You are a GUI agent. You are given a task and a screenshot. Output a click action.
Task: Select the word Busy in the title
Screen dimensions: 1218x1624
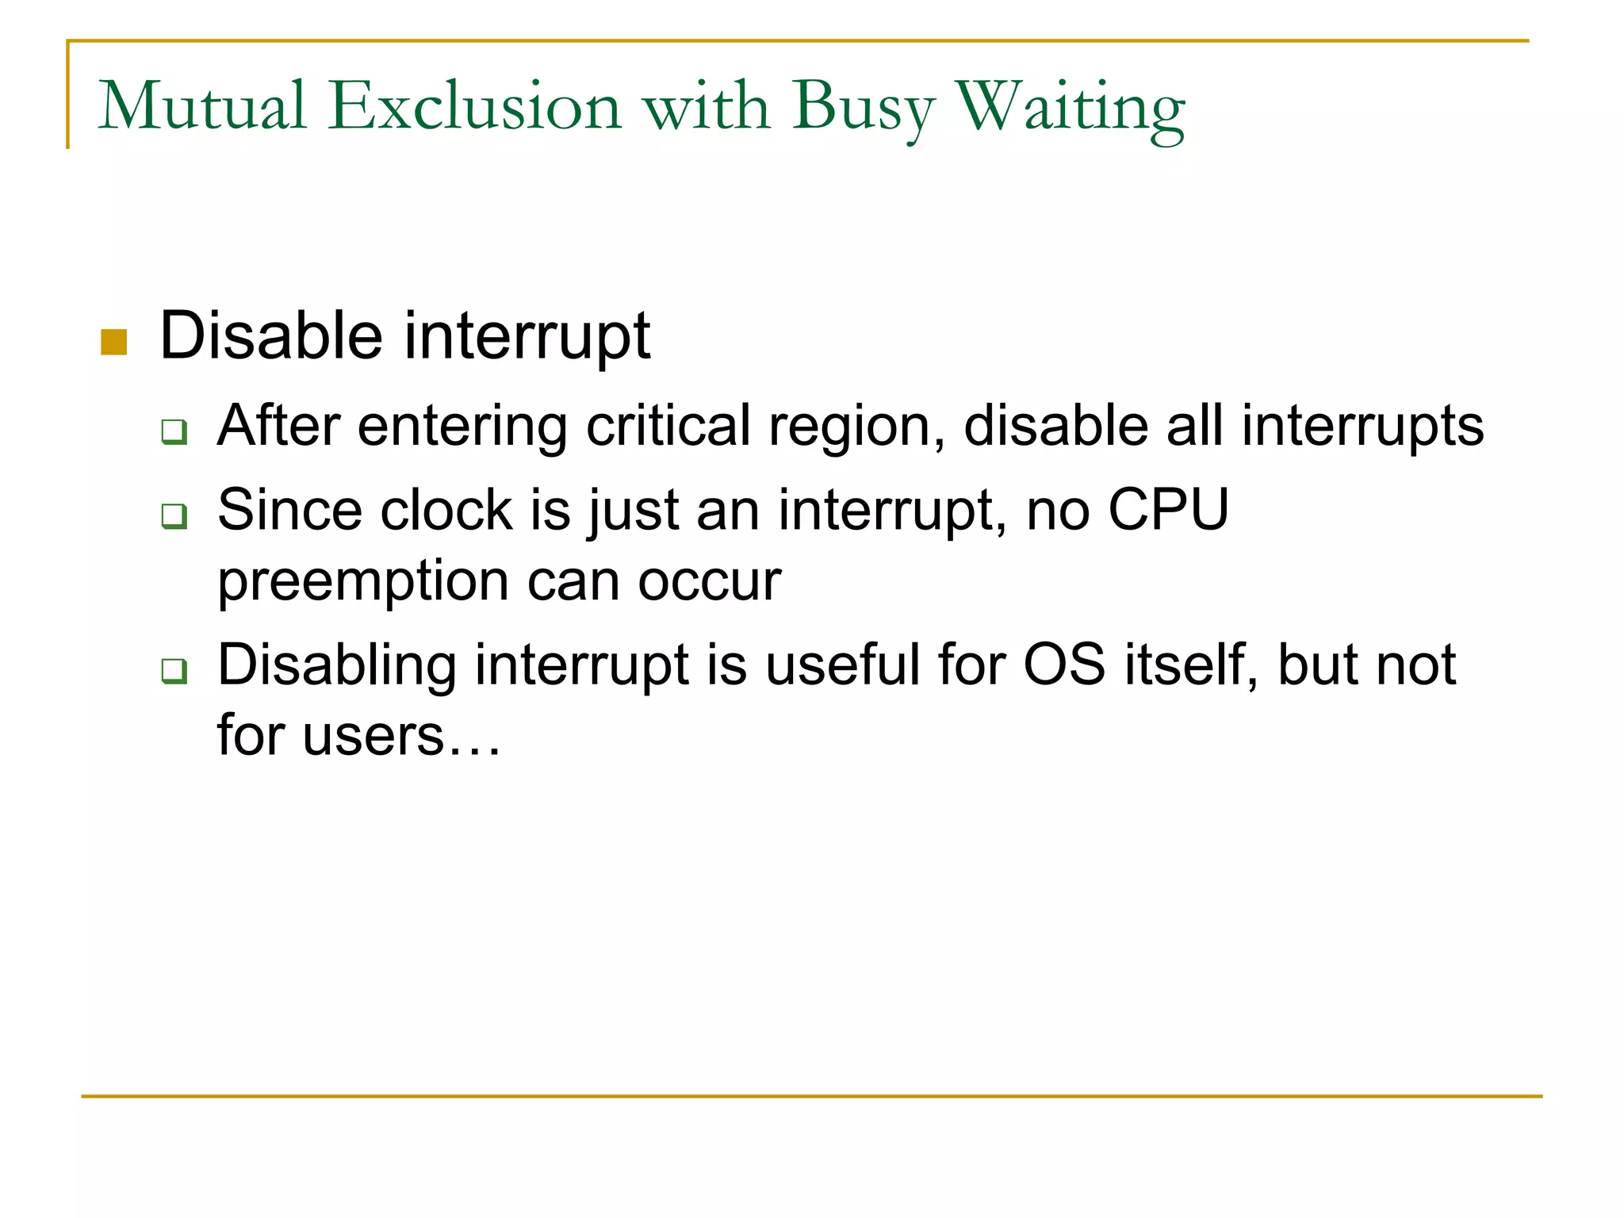864,109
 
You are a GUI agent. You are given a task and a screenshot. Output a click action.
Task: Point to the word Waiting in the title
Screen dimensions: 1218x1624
1071,109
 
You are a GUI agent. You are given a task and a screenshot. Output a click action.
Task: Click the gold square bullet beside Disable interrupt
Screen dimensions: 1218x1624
114,342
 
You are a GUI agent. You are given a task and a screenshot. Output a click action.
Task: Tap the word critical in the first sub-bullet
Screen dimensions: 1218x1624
668,426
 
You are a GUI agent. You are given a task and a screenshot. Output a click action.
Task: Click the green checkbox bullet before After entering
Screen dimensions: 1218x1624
174,432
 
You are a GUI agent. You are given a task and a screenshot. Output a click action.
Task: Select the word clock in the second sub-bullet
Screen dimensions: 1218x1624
446,509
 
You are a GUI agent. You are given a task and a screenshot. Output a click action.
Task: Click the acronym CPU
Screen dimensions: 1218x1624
1168,509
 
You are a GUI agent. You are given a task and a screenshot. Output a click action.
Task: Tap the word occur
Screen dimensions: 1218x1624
710,583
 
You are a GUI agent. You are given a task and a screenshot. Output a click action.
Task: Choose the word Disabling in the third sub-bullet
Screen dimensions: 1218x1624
337,665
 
